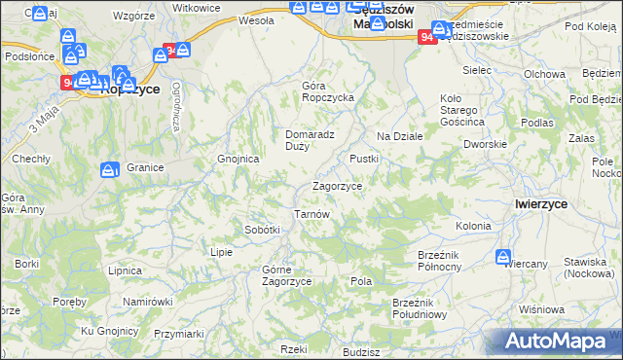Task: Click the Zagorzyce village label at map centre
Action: pos(337,186)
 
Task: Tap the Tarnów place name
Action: pos(313,214)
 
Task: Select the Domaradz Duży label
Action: pos(310,140)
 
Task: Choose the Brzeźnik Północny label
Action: pos(444,259)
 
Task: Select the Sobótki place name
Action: pos(263,230)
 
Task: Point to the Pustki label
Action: pos(363,158)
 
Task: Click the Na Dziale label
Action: pos(399,136)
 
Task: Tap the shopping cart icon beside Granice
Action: pos(109,170)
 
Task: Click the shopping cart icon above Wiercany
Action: pos(503,258)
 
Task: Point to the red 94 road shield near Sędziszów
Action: pos(426,37)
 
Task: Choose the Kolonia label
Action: pos(472,226)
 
